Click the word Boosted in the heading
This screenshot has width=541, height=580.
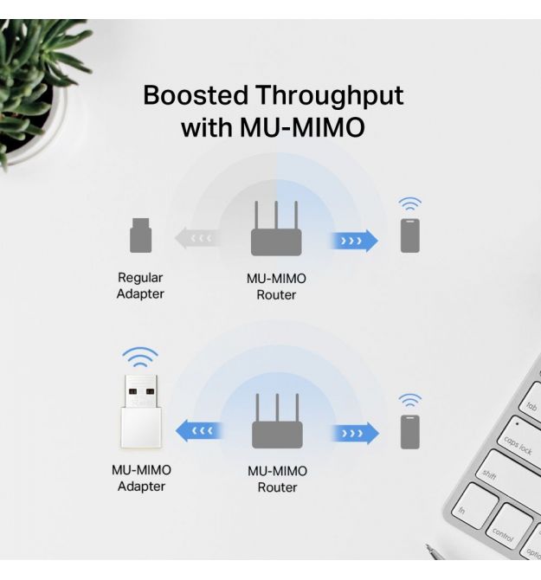pyautogui.click(x=196, y=95)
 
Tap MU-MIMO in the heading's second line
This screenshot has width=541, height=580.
pyautogui.click(x=302, y=127)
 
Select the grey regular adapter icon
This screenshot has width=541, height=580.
pyautogui.click(x=140, y=235)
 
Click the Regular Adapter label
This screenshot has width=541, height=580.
pyautogui.click(x=140, y=286)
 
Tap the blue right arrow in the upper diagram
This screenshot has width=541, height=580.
pyautogui.click(x=354, y=241)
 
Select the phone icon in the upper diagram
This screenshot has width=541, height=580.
pyautogui.click(x=410, y=235)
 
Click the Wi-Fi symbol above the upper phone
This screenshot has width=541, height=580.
pyautogui.click(x=409, y=203)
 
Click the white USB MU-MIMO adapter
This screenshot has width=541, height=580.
pyautogui.click(x=140, y=412)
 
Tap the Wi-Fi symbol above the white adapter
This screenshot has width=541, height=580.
pyautogui.click(x=140, y=357)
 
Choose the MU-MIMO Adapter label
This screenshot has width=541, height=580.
pyautogui.click(x=141, y=478)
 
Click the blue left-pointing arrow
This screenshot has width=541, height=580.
pyautogui.click(x=199, y=431)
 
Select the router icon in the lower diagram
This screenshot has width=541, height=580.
pyautogui.click(x=277, y=421)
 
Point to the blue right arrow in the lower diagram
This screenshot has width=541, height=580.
pyautogui.click(x=355, y=433)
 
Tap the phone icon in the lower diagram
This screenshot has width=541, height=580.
pyautogui.click(x=410, y=432)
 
